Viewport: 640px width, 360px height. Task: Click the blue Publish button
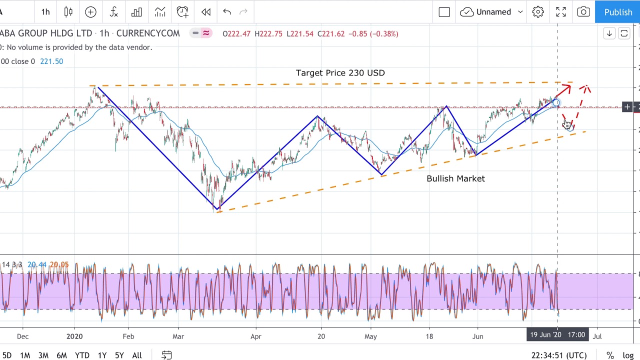point(617,12)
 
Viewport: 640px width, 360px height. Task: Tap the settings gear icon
point(538,12)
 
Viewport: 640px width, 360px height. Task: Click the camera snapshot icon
point(583,12)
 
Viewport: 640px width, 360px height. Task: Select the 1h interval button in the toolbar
point(45,12)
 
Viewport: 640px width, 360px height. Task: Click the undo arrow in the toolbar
point(227,12)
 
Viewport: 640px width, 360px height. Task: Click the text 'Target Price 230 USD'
point(340,73)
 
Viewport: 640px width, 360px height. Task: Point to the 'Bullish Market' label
point(455,178)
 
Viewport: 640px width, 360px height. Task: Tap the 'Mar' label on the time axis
point(178,336)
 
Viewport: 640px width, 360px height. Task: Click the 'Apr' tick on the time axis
point(255,336)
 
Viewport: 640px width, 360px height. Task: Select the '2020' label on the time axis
point(74,336)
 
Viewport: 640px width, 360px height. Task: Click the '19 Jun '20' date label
point(545,335)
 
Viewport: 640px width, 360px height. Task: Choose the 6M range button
point(61,355)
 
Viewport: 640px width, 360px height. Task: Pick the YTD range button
point(82,355)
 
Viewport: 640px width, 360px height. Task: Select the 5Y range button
point(119,355)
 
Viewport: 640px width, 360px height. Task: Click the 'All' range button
point(136,355)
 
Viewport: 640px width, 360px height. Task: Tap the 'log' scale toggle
point(628,355)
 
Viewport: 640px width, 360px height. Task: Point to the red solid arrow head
point(566,89)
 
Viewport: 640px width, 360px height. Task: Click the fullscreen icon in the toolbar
point(560,12)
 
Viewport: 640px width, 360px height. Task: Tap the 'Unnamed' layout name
point(493,12)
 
